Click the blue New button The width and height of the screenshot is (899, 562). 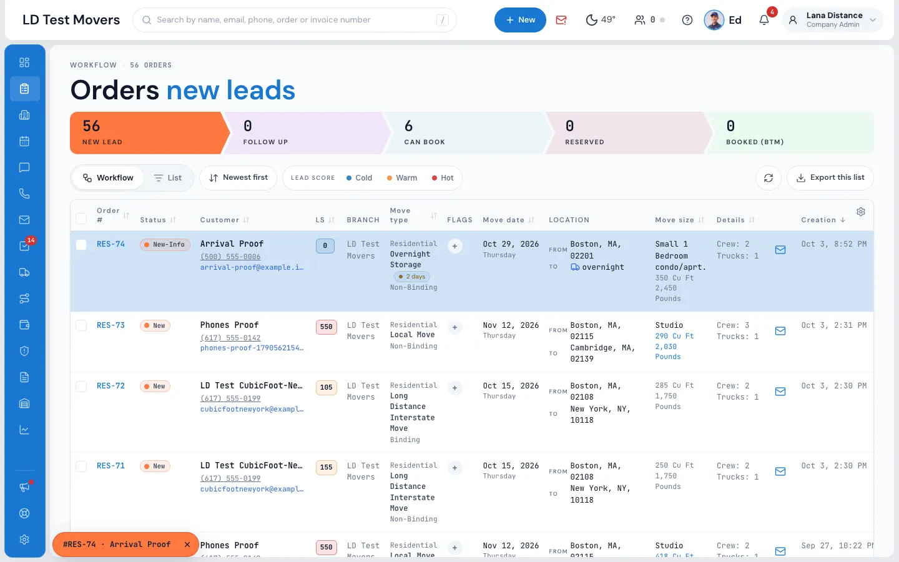519,20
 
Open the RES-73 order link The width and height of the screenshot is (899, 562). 111,325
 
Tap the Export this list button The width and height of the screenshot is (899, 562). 830,177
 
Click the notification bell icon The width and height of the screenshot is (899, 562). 764,20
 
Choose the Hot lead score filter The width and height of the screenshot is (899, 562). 443,178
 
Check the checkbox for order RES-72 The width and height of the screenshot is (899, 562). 81,386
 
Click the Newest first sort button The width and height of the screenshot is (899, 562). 238,177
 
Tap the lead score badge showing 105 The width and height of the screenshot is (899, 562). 326,387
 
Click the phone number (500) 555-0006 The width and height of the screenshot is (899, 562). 230,257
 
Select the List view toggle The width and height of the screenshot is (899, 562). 168,178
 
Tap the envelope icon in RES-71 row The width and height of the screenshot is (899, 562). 780,471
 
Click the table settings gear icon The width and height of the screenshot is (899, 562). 861,212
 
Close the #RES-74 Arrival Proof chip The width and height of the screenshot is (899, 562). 187,545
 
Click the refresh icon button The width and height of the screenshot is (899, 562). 768,178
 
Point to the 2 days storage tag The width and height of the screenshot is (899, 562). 412,277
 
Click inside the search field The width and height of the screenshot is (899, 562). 295,20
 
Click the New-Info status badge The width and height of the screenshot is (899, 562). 165,245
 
